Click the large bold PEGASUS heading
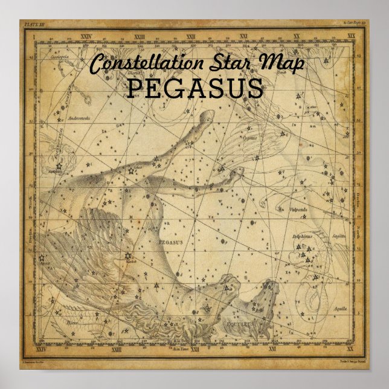pos(194,89)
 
